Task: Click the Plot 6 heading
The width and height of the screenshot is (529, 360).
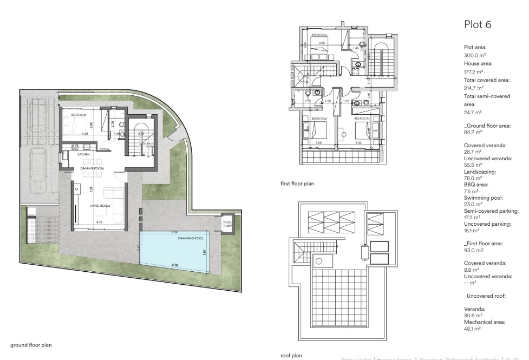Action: tap(478, 24)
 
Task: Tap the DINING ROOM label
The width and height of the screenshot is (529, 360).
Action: tap(92, 169)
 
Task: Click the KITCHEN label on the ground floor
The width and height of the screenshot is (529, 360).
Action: tap(83, 155)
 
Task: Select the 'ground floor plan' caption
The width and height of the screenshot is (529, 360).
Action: tap(31, 344)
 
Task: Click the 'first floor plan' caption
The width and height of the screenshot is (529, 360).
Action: tap(297, 184)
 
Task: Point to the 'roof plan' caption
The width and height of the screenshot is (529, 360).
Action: tap(291, 356)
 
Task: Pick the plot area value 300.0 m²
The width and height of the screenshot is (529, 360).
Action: tap(475, 55)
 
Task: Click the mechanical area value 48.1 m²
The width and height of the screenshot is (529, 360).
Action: tap(472, 328)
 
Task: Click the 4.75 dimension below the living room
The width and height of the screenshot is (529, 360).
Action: tap(99, 222)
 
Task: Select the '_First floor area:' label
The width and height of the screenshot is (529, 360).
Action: tap(484, 244)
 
